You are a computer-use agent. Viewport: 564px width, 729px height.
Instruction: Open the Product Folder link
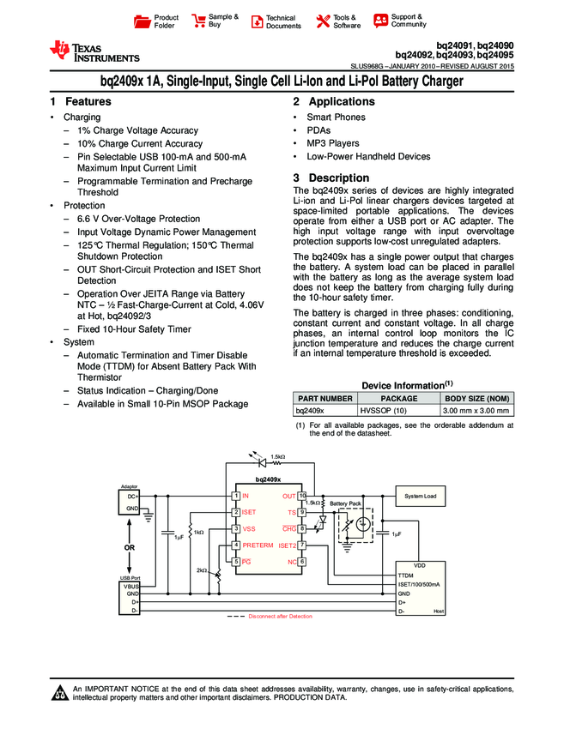[x=166, y=21]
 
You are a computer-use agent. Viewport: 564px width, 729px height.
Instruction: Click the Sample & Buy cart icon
[x=199, y=21]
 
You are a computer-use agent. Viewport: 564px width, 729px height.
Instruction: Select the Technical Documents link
[x=283, y=21]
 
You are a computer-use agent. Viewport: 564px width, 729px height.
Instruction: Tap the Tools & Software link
[x=346, y=21]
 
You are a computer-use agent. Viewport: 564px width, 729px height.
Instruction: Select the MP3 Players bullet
[x=333, y=143]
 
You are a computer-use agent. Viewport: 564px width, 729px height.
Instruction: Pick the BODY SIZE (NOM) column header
[x=476, y=399]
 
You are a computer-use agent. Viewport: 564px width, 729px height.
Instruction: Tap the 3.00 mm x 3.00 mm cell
[x=476, y=412]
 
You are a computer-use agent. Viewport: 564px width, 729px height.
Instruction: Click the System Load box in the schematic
[x=421, y=496]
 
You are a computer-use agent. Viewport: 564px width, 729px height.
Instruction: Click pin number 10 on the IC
[x=302, y=496]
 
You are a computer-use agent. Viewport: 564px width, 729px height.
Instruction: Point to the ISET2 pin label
[x=288, y=545]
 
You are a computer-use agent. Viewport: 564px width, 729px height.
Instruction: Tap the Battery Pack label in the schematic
[x=344, y=502]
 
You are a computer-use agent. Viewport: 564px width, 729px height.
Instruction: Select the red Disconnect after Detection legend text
[x=280, y=616]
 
